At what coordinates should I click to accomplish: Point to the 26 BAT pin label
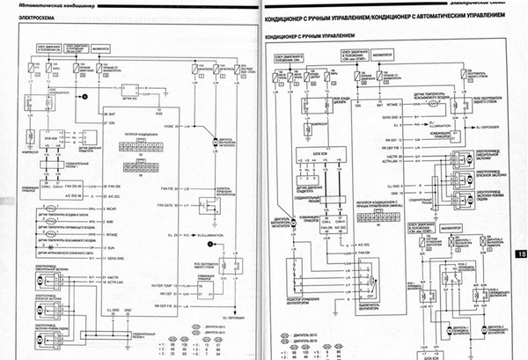pos(110,114)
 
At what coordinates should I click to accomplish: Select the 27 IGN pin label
pos(110,122)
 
